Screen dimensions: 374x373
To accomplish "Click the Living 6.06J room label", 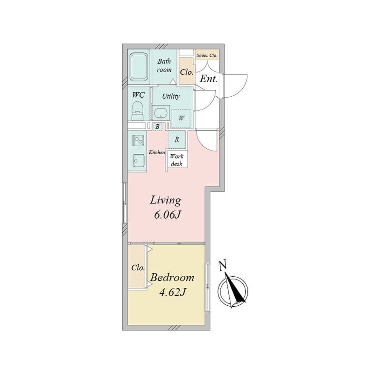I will click(x=165, y=208).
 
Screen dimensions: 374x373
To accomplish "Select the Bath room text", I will click(x=164, y=65).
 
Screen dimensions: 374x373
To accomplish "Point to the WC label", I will click(x=138, y=94).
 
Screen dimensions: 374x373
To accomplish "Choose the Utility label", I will click(x=171, y=96).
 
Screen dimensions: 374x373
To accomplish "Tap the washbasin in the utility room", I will click(x=161, y=113).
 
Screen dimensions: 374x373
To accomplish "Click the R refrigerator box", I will click(x=177, y=139).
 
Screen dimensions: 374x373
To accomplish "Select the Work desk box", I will click(x=177, y=160).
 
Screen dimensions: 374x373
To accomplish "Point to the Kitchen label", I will click(x=157, y=152).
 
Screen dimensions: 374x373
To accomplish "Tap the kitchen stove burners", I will click(x=139, y=140).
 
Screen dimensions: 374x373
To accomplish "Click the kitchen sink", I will click(x=138, y=160).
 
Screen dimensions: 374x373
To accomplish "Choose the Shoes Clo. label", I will click(x=207, y=55).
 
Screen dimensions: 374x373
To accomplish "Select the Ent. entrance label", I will click(x=208, y=79).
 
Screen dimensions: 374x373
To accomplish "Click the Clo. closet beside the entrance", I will click(x=187, y=72).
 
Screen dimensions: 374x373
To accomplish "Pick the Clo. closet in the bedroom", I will click(x=137, y=268).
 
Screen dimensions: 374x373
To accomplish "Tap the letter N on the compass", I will click(x=223, y=266).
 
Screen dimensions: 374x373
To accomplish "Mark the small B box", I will click(x=157, y=127).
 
